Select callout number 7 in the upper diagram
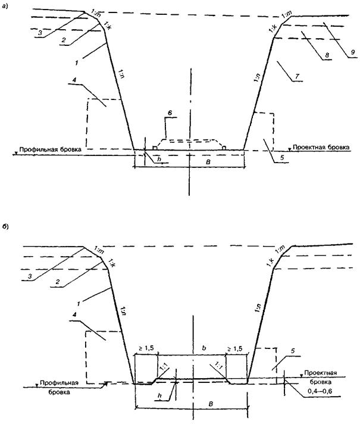click(293, 77)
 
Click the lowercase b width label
click(193, 345)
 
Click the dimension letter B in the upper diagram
click(190, 161)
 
